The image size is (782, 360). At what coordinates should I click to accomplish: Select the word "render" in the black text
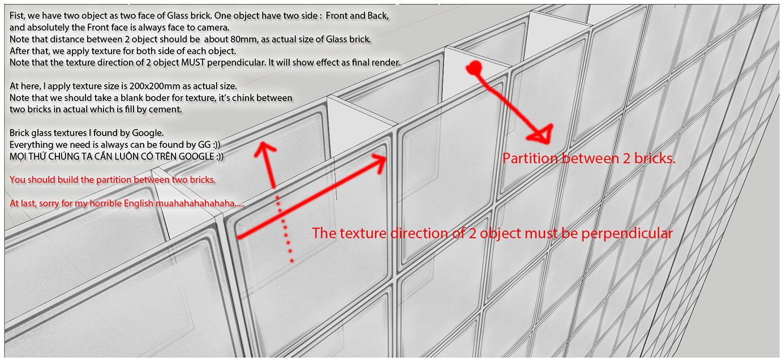[386, 62]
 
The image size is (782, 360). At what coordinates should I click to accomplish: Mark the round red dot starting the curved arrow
[474, 68]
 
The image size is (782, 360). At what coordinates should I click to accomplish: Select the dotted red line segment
[284, 226]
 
